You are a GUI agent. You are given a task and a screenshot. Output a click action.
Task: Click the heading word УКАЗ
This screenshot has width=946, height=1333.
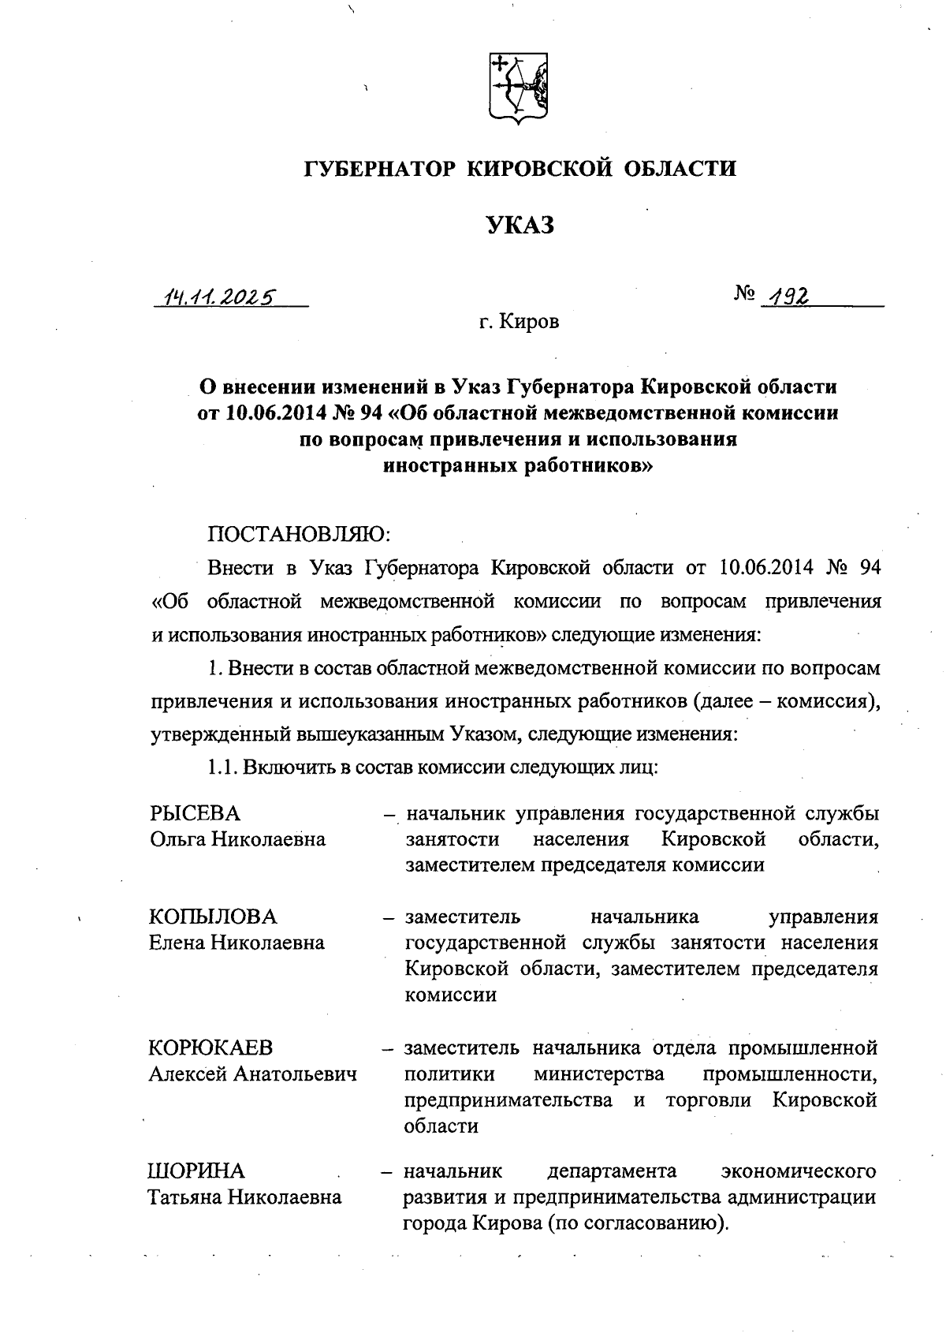pos(520,226)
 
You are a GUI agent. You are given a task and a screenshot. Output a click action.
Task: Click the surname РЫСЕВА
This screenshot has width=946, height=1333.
pos(196,813)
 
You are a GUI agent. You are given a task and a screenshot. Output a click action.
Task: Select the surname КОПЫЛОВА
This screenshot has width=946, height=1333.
pos(213,917)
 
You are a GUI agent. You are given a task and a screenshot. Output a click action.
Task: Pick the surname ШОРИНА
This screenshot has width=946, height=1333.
pos(197,1171)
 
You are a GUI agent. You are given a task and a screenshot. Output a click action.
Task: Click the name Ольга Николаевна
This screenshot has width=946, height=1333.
pos(237,838)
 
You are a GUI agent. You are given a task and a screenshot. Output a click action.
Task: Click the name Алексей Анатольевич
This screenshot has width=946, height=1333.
pos(253,1073)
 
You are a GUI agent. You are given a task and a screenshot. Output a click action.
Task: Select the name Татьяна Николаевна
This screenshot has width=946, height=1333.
pos(245,1197)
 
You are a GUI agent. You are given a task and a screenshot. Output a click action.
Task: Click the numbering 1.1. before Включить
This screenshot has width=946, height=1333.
pos(223,767)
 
